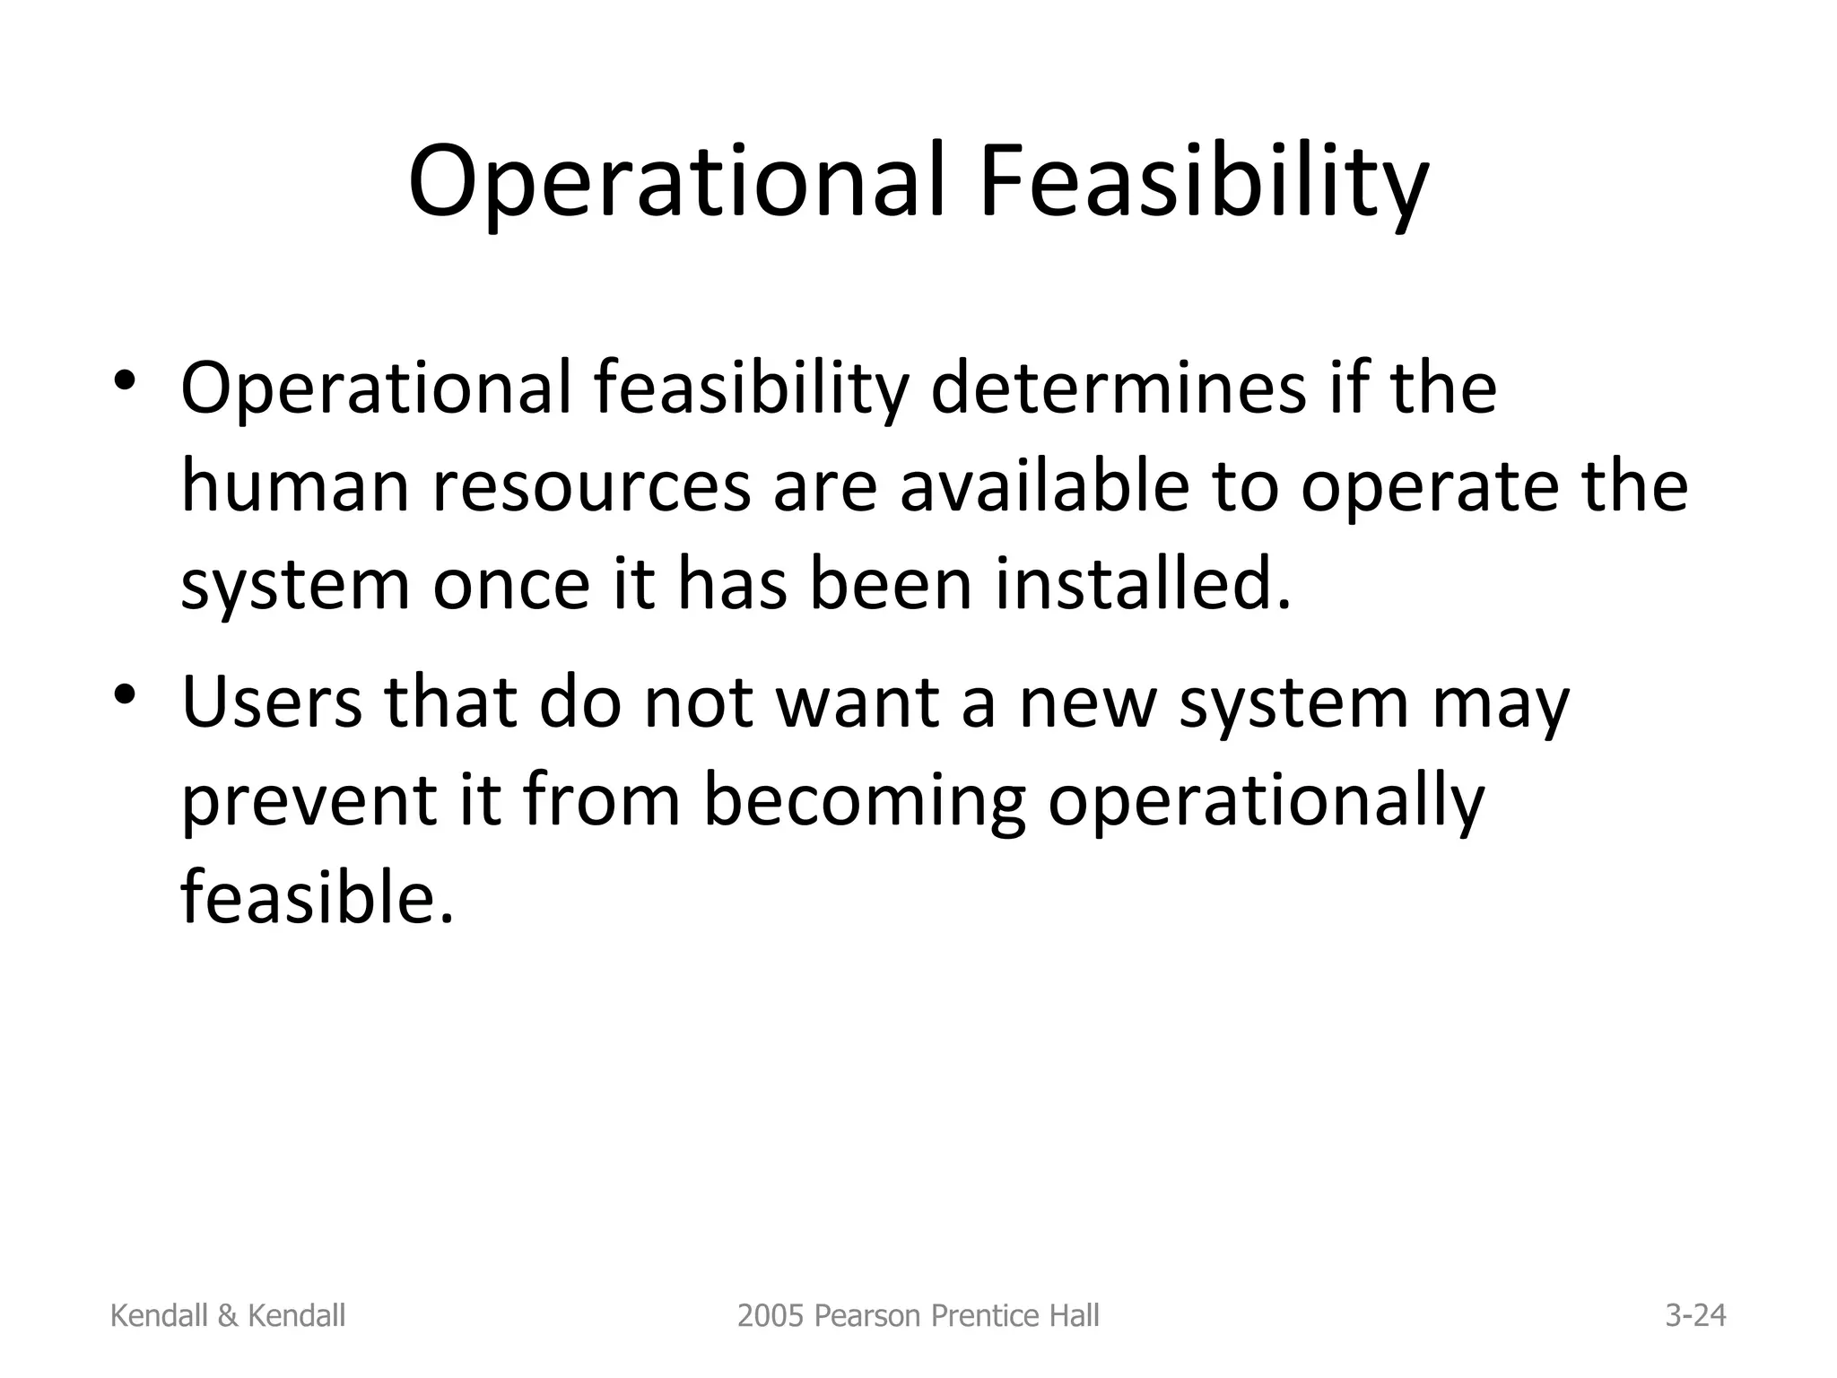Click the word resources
(591, 490)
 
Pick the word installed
(1143, 585)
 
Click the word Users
(272, 702)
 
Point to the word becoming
(863, 801)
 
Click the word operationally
(1266, 801)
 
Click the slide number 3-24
(1695, 1315)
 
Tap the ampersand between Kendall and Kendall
(228, 1315)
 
